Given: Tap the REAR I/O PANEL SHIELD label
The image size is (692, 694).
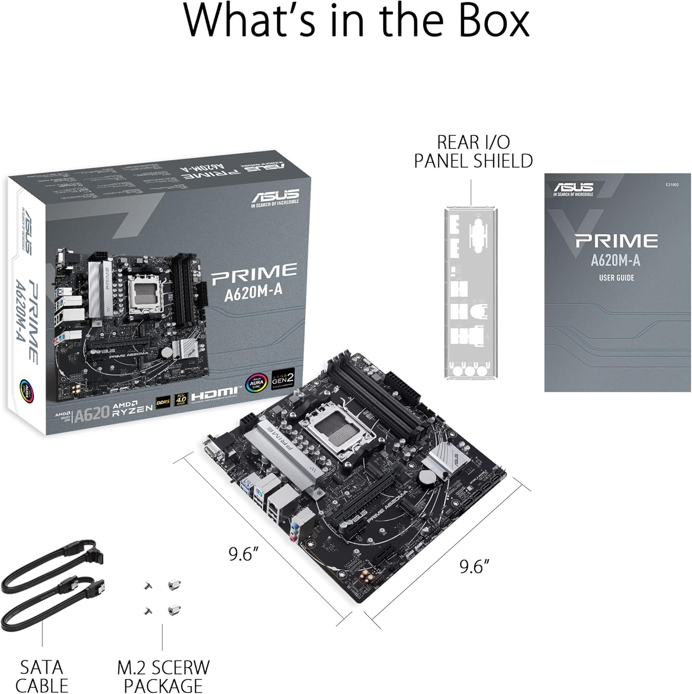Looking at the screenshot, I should pyautogui.click(x=473, y=151).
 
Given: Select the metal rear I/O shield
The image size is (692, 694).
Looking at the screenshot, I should pyautogui.click(x=471, y=293).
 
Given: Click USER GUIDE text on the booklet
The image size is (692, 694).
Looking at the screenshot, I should pyautogui.click(x=616, y=278).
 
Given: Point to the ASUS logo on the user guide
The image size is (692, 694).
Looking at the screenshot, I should pyautogui.click(x=574, y=188).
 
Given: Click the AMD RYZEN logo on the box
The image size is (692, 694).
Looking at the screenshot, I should pyautogui.click(x=134, y=404).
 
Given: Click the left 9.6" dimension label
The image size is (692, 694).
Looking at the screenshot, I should pyautogui.click(x=243, y=554).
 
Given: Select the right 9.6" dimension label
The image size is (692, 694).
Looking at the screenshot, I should pyautogui.click(x=474, y=566).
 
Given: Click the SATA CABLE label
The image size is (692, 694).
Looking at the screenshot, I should pyautogui.click(x=42, y=676).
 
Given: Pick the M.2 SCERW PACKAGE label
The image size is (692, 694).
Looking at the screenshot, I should pyautogui.click(x=163, y=676).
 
